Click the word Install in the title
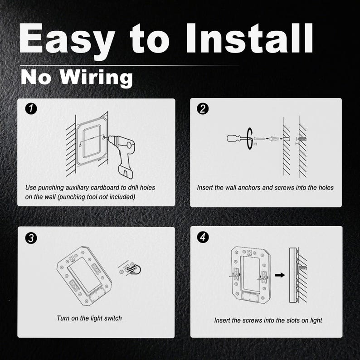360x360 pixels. pos(249,38)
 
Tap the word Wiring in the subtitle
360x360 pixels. pos(96,78)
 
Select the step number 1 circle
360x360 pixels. pos(31,109)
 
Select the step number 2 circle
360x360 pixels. pos(203,109)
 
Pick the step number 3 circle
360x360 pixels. pos(31,238)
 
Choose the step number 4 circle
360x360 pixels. pos(203,237)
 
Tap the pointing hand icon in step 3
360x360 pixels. pos(135,269)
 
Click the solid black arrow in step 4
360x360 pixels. pos(280,275)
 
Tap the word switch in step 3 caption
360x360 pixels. pos(113,318)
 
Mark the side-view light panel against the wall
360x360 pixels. pos(293,275)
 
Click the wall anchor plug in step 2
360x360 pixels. pos(274,139)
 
